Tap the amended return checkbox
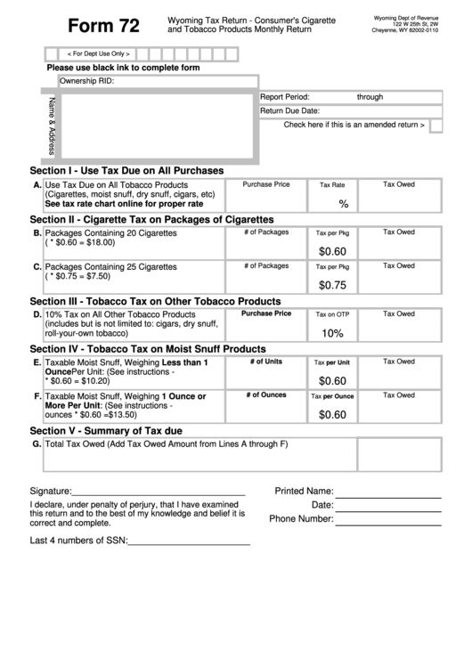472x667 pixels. pyautogui.click(x=435, y=126)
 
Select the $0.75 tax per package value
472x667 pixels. pyautogui.click(x=332, y=285)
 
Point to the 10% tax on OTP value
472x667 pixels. pyautogui.click(x=332, y=333)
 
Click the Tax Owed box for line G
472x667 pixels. pyautogui.click(x=399, y=454)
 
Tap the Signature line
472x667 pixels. pyautogui.click(x=158, y=491)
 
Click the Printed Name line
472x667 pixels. pyautogui.click(x=387, y=491)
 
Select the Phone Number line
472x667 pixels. pyautogui.click(x=387, y=519)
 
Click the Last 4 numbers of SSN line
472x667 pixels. pyautogui.click(x=190, y=541)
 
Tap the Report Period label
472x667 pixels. pyautogui.click(x=284, y=97)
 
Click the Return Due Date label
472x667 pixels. pyautogui.click(x=289, y=111)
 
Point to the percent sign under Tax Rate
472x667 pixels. pyautogui.click(x=343, y=204)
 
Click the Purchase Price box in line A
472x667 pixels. pyautogui.click(x=266, y=195)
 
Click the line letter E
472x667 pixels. pyautogui.click(x=37, y=362)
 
